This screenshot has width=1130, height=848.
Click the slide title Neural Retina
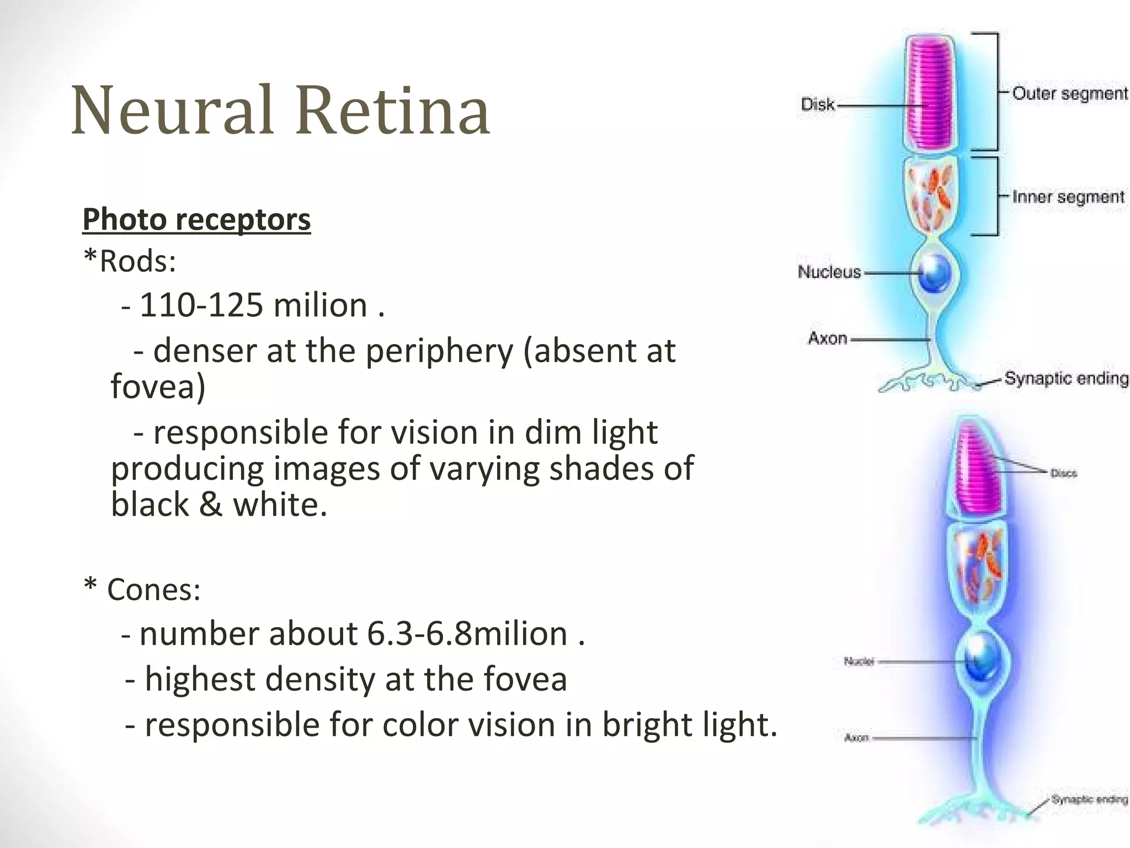280,110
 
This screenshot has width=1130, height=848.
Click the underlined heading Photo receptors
196,219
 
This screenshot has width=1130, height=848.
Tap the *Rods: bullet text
130,261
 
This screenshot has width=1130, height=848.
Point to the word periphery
439,352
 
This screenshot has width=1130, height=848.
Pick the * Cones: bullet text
142,589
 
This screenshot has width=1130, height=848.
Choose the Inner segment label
1068,197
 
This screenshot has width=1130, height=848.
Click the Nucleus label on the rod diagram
829,272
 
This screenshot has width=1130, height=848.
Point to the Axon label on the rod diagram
827,338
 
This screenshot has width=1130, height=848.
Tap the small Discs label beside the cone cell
1063,474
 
